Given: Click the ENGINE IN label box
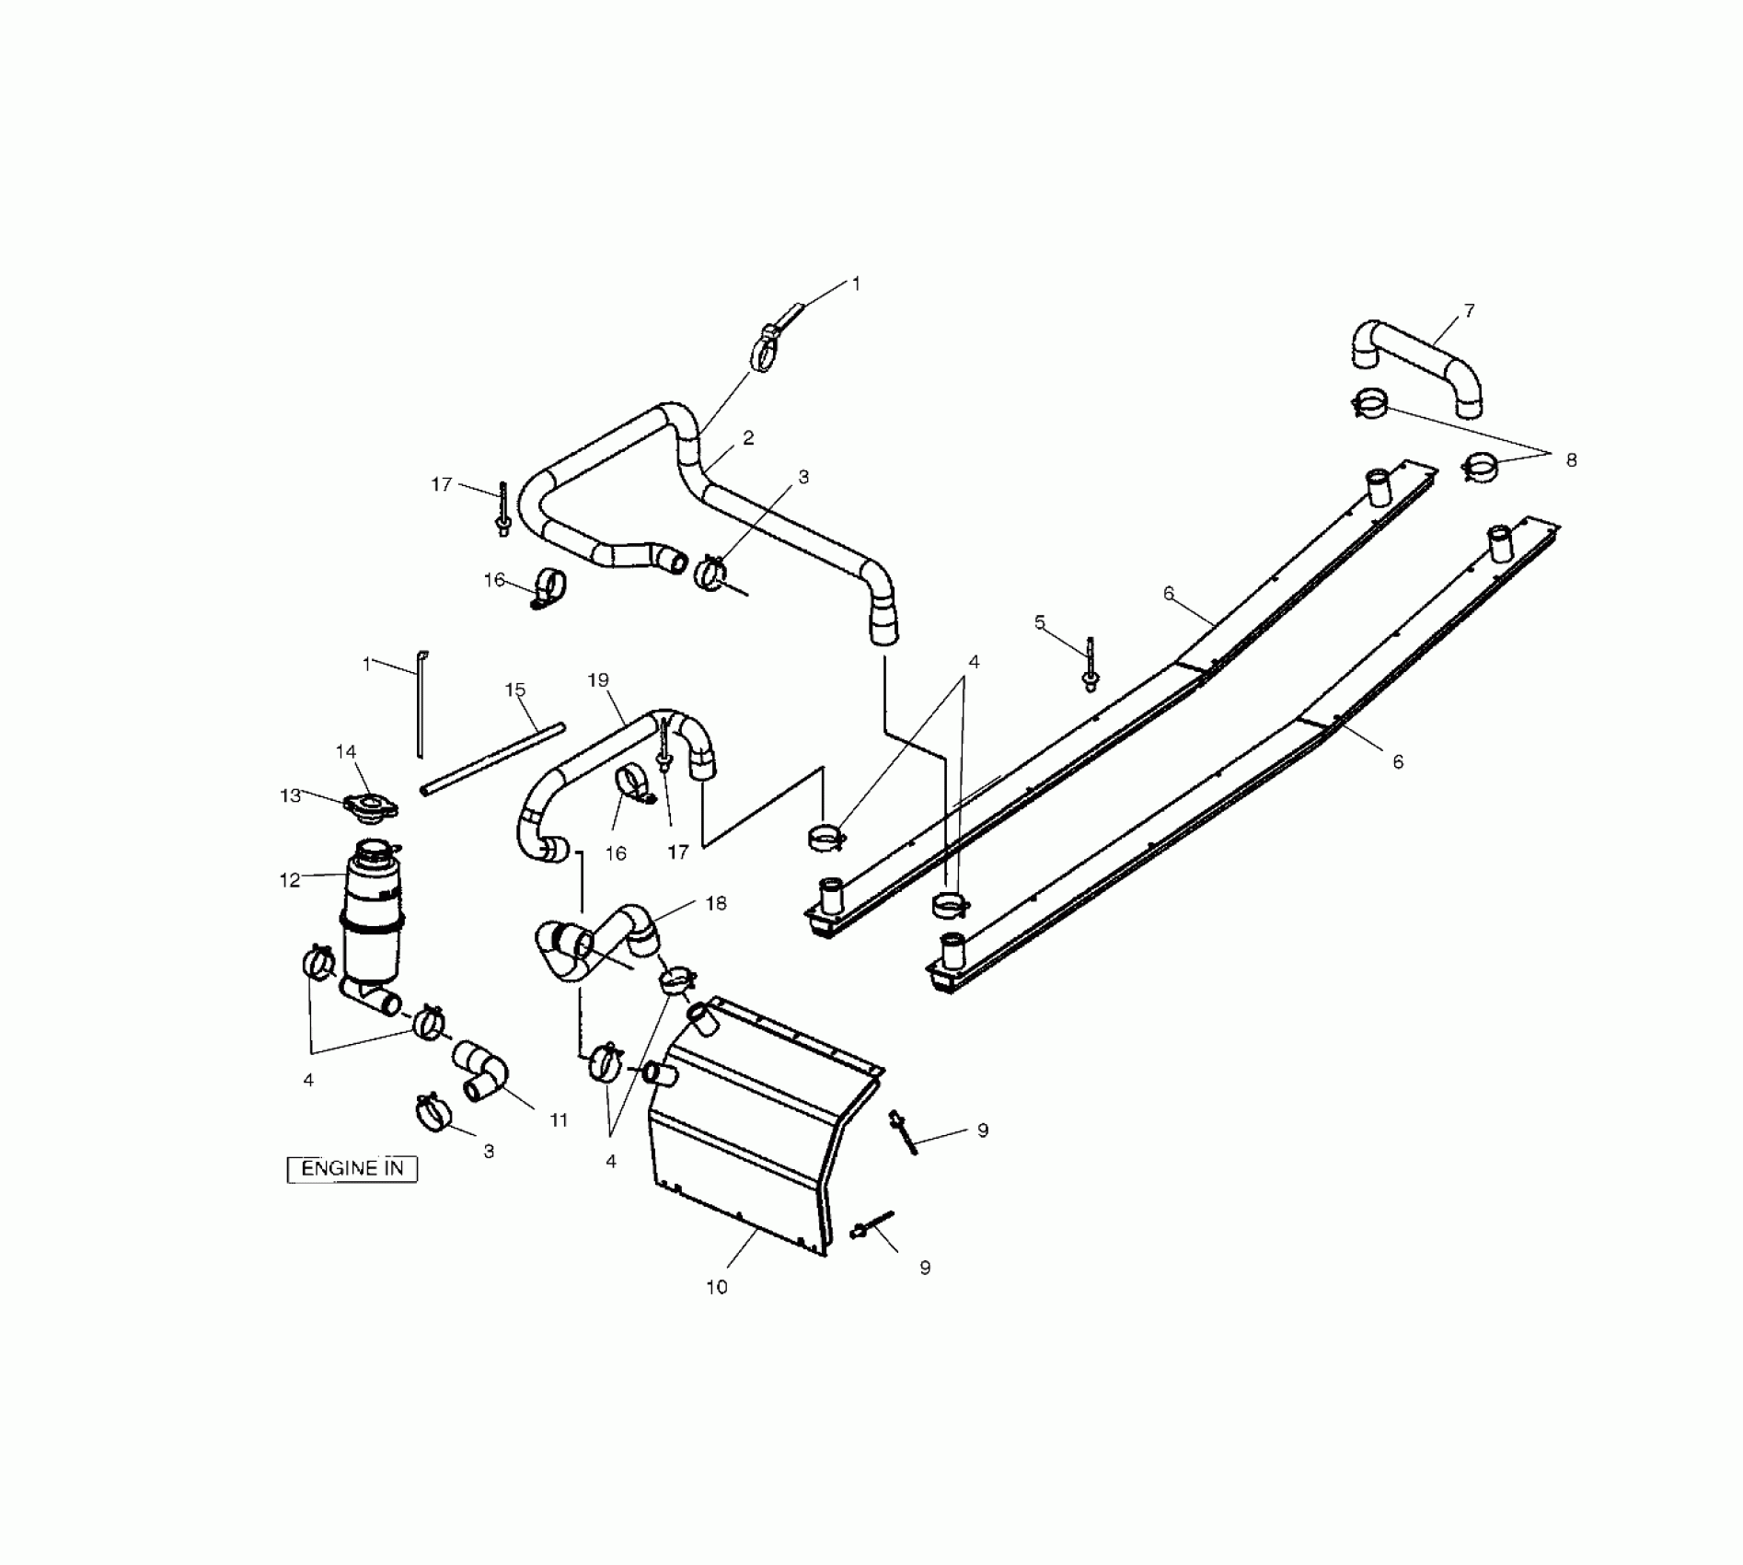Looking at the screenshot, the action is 352,1168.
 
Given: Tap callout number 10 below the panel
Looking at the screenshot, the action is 717,1287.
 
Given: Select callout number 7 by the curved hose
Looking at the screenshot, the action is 1469,311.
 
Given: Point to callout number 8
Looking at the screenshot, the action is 1571,459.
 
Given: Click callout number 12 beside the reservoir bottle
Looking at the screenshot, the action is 290,880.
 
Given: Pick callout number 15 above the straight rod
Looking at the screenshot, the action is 515,690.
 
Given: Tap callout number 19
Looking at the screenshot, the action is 598,680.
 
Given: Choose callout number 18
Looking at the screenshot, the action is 716,903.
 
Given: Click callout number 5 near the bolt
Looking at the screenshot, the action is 1040,622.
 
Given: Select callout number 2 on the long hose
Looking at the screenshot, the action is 748,438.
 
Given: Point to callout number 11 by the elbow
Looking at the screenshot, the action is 559,1120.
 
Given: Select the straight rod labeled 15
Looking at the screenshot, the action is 492,759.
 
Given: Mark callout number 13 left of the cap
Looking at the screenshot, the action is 291,794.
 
